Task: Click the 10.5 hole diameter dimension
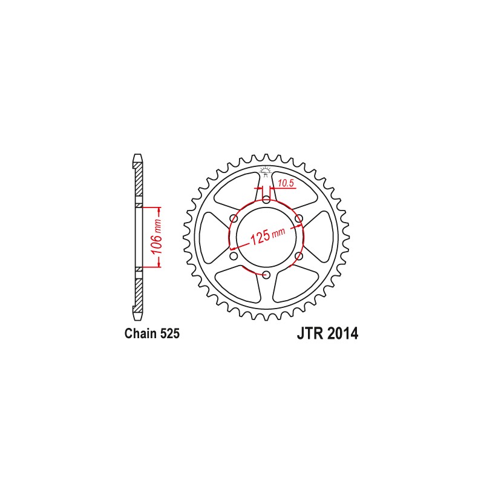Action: click(x=286, y=183)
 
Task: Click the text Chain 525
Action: click(x=152, y=334)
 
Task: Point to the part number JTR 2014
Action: click(x=327, y=333)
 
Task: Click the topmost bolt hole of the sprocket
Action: click(x=266, y=199)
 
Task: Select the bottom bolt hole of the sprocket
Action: click(x=266, y=275)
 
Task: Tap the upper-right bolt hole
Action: click(x=299, y=218)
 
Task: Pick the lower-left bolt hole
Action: click(x=234, y=256)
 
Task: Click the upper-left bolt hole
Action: click(x=234, y=218)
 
